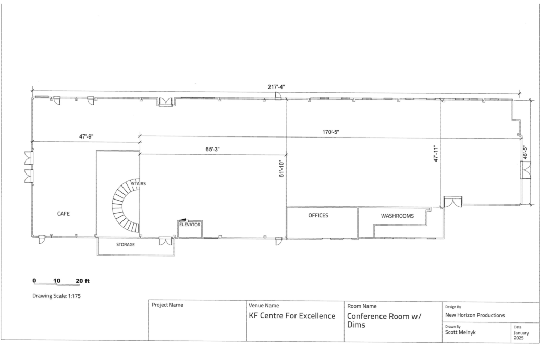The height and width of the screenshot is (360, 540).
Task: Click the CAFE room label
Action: (64, 214)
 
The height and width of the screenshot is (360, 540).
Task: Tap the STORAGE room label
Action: (125, 245)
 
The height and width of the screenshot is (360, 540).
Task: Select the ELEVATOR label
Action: (190, 225)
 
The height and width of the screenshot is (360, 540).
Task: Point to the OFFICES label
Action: (318, 216)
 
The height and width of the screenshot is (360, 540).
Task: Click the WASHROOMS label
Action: (397, 216)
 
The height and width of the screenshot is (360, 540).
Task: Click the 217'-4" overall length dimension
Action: (276, 86)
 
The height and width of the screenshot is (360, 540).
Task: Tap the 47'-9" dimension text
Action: (87, 136)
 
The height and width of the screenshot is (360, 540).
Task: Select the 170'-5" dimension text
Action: (330, 132)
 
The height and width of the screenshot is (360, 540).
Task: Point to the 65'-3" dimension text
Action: (213, 150)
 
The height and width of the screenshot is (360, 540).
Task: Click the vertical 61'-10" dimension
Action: (281, 169)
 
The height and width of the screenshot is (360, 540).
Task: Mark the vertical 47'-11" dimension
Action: (436, 154)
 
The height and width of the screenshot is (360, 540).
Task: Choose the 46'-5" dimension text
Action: (525, 153)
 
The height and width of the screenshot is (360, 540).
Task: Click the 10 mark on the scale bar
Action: (57, 280)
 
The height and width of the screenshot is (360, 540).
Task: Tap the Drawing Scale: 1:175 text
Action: (56, 296)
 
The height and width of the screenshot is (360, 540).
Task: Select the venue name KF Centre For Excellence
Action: (292, 316)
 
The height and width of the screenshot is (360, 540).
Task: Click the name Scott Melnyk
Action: (460, 332)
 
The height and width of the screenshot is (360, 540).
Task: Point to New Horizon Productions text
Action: (475, 315)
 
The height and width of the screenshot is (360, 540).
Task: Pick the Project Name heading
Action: (167, 305)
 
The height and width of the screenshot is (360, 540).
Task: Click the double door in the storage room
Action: (166, 241)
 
